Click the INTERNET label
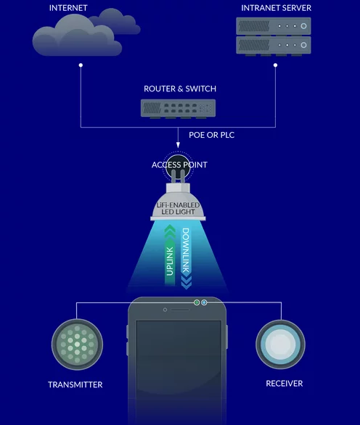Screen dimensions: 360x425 coord(68,8)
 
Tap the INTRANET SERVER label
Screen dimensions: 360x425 coord(277,8)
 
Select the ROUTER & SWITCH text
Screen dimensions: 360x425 coord(180,88)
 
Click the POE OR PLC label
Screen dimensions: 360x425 coord(212,135)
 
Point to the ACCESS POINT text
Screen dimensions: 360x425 coord(179,165)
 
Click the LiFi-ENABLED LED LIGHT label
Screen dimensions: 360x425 coord(178,208)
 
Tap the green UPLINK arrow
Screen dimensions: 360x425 coord(170,255)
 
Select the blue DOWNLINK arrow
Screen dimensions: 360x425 coord(186,258)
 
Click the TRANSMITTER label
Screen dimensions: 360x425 coord(75,384)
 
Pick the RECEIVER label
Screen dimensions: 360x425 coord(285,384)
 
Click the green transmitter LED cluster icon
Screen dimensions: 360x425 coord(77,344)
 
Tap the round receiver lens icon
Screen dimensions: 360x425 coord(280,344)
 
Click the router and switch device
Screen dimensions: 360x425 coord(179,108)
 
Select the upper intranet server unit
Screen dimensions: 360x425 coord(274,26)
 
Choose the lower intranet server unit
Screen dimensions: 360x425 coord(274,45)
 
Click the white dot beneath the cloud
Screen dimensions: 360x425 coord(81,65)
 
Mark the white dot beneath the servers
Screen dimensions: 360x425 coord(275,65)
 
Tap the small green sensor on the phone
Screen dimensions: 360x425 coord(197,302)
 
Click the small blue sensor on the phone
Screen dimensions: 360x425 coord(204,302)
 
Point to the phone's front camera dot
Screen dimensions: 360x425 coord(165,310)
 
